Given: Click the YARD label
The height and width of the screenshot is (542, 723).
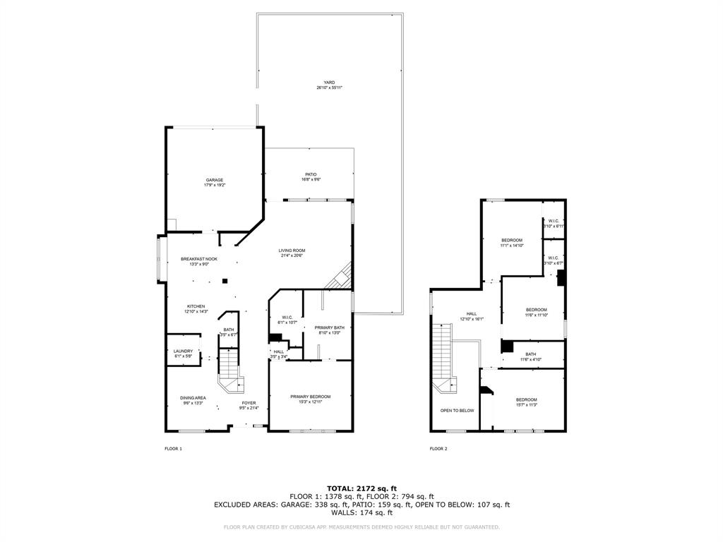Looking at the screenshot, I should point(329,83).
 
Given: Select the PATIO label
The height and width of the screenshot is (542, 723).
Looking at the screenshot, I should point(311,174).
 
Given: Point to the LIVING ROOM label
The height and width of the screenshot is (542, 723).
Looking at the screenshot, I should point(292,251).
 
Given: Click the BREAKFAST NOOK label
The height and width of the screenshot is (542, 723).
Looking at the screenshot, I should point(199,259).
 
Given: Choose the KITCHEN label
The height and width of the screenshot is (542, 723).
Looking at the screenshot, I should point(196,306).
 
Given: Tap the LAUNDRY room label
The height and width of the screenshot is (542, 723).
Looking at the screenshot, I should point(183,351).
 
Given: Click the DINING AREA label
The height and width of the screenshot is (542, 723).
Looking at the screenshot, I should point(193,398).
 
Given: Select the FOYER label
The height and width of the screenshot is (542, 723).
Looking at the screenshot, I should point(249,403).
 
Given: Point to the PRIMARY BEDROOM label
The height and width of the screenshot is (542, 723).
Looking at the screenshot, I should point(311,397).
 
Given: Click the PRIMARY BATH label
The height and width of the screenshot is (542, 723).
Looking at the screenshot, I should point(329,328).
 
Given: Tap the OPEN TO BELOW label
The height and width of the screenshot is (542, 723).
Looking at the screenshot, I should point(457,410).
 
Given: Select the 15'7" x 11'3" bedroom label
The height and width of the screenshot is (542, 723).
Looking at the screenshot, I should point(526,400).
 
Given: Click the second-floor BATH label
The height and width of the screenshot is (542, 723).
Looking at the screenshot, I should point(530,354).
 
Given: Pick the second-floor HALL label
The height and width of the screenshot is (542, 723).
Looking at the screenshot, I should point(472,314).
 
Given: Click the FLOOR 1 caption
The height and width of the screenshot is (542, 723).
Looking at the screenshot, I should point(173,449).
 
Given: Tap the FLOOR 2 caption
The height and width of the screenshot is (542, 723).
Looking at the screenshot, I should point(438,449).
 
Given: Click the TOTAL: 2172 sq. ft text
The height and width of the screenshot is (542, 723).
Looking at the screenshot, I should point(361,488).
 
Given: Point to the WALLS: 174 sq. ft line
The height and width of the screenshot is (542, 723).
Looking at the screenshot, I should point(361,513).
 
